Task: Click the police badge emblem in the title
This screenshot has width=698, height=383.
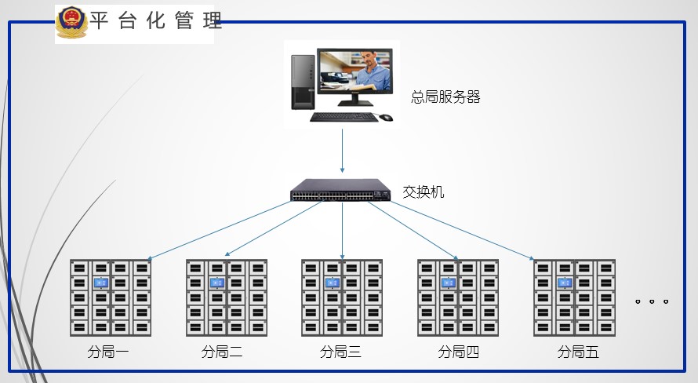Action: click(x=71, y=23)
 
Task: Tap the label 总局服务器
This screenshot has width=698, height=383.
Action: click(x=445, y=97)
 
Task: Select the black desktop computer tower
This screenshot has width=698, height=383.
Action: click(x=302, y=82)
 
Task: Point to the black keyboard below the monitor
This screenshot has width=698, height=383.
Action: click(x=343, y=117)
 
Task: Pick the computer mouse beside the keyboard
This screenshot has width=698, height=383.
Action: click(x=386, y=118)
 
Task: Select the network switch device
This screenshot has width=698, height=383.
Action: click(x=341, y=191)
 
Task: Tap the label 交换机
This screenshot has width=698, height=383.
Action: click(x=424, y=191)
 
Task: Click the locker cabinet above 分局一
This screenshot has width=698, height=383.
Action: click(x=111, y=298)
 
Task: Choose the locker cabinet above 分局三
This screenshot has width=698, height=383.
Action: click(x=342, y=298)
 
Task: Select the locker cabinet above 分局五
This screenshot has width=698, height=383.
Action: click(x=574, y=298)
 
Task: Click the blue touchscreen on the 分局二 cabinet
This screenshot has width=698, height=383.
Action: click(x=216, y=283)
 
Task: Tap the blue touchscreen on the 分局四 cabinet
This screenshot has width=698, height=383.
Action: click(x=448, y=283)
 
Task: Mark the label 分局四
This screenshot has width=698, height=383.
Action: click(x=458, y=352)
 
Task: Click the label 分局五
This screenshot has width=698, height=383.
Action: click(x=578, y=352)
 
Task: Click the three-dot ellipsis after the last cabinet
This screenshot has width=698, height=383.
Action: click(x=652, y=301)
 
